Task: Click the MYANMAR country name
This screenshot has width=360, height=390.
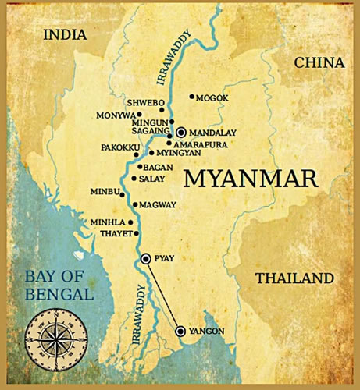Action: pos(251,179)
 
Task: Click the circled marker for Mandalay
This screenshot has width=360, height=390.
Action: pos(181,133)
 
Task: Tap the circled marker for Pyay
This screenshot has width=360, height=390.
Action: pos(145,259)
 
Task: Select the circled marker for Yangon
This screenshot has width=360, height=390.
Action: pos(181,331)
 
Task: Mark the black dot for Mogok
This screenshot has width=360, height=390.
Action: pos(191,97)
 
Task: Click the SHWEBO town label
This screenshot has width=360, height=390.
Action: pos(145,101)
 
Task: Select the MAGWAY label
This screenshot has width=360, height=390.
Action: pos(159,205)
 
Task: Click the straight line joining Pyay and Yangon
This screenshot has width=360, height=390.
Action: pos(163,295)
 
